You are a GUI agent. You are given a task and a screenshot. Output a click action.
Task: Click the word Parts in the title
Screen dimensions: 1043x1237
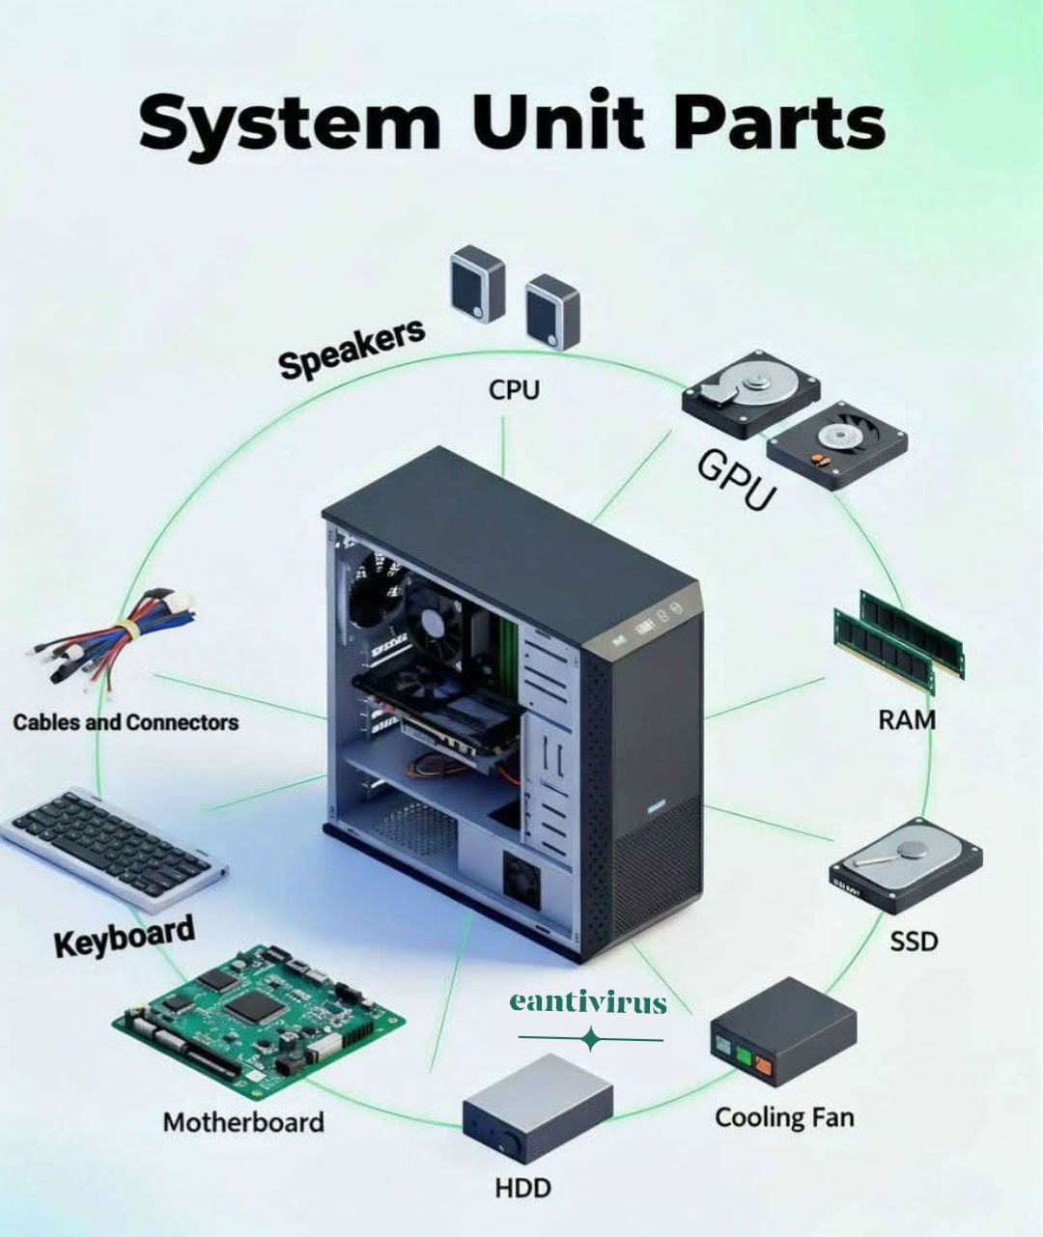[x=780, y=124]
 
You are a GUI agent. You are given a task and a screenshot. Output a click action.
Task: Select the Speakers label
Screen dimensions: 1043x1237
[x=352, y=349]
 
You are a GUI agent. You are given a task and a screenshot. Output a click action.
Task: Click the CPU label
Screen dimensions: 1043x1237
[x=514, y=390]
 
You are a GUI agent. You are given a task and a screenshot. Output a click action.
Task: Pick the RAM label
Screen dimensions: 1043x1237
[x=907, y=719]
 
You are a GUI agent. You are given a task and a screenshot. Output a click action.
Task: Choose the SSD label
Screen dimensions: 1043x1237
[x=914, y=941]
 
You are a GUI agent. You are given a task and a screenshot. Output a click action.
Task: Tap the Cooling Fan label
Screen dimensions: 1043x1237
[x=784, y=1117]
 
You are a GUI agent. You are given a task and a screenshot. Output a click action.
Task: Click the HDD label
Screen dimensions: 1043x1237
[x=522, y=1188]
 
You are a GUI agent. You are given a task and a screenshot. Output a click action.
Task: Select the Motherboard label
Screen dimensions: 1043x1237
[x=243, y=1122]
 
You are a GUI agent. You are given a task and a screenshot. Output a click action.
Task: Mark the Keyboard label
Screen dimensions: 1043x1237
[x=125, y=936]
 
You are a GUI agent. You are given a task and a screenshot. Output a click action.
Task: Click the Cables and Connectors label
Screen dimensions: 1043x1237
[x=126, y=722]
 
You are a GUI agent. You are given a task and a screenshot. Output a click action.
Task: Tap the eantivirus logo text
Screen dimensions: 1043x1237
[x=588, y=1003]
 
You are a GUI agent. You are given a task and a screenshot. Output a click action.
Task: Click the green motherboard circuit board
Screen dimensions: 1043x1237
[x=259, y=1017]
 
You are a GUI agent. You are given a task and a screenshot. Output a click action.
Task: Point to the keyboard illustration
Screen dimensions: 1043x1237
[x=114, y=849]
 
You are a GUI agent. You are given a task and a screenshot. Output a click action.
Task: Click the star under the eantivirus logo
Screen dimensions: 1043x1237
[x=590, y=1039]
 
